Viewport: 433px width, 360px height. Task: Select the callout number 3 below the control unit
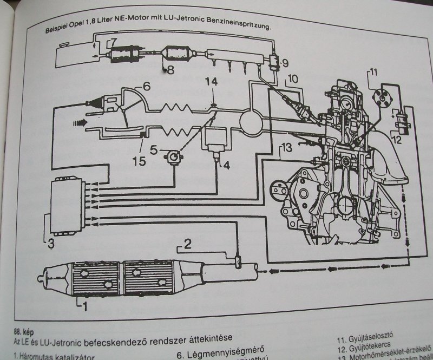point(50,244)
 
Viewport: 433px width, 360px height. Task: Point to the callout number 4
point(226,165)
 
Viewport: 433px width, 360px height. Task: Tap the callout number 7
point(113,43)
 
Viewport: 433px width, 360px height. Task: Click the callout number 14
point(213,82)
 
